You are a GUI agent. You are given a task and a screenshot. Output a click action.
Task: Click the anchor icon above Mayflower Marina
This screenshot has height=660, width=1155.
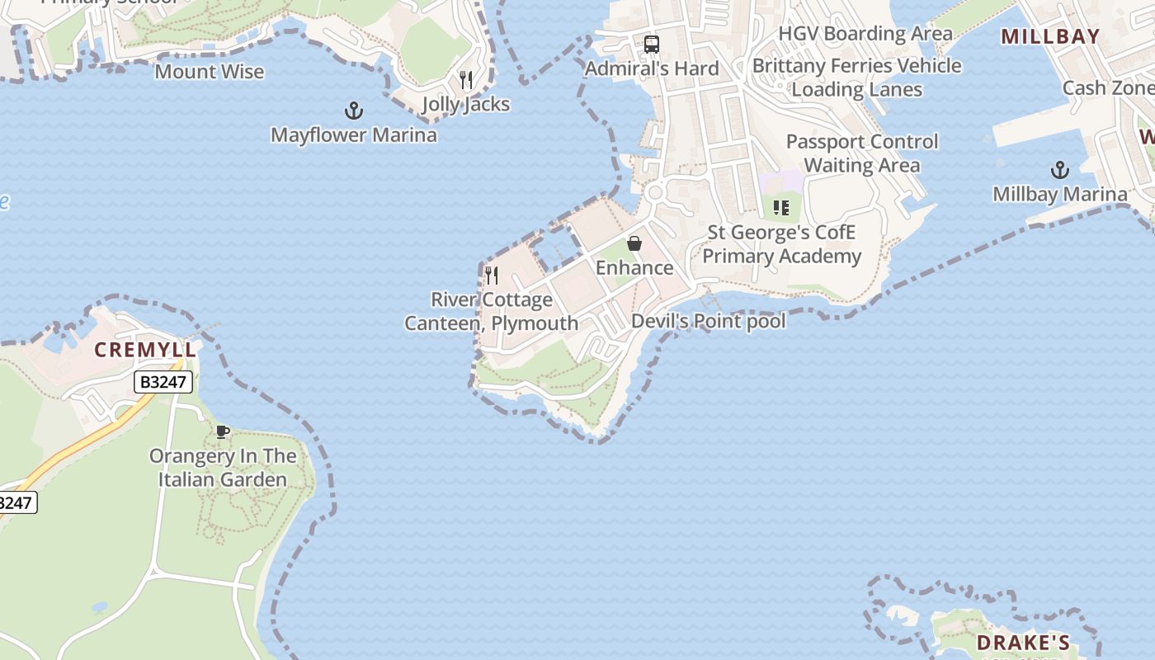pos(353,110)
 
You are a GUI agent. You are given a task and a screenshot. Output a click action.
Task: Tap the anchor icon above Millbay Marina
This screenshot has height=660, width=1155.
pos(1059,170)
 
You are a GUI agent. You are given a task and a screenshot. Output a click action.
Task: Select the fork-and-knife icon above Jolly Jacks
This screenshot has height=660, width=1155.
pos(466,79)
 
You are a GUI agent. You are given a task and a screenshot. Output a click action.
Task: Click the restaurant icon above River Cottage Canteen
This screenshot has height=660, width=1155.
pos(492,275)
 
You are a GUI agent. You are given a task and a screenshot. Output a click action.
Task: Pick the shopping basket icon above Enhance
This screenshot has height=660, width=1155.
pos(634,243)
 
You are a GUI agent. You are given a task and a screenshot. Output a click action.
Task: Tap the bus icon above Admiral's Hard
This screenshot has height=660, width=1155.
pos(652,44)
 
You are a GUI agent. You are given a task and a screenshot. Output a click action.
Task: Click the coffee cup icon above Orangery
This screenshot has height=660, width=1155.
pos(222,431)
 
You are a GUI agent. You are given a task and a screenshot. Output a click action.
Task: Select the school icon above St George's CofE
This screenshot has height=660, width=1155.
pos(780,208)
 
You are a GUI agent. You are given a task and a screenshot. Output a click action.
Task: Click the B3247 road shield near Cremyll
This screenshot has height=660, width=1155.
pos(164,382)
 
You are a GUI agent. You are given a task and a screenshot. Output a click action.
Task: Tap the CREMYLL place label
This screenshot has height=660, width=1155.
pos(146,350)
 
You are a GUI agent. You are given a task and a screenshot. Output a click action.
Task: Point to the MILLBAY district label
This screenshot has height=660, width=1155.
pos(1050,35)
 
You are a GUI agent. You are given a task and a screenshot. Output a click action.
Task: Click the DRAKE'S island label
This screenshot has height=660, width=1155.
pos(1023,643)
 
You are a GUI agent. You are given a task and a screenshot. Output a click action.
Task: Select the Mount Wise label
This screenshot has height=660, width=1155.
pos(210,72)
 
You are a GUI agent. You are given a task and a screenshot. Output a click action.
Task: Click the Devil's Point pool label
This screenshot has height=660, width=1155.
pos(708,321)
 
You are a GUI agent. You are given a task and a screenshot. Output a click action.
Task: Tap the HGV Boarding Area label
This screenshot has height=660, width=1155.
pos(865,34)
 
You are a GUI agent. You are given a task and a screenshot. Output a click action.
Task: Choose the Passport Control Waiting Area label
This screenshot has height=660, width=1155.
pos(862,153)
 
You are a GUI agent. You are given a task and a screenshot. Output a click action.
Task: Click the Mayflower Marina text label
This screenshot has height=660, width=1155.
pos(354,134)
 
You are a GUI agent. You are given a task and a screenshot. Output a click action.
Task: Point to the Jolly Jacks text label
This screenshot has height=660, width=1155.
pos(466,104)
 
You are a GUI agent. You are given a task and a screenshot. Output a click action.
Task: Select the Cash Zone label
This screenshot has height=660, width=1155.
pos(1107,87)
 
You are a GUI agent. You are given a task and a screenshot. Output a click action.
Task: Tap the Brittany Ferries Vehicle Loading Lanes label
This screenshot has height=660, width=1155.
pos(857,78)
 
